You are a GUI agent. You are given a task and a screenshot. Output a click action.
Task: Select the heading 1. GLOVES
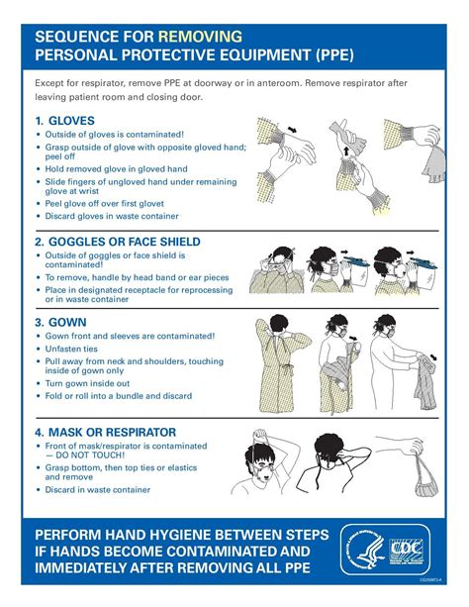[66, 120]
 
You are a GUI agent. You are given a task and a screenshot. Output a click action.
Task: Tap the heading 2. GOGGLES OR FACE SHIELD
[118, 241]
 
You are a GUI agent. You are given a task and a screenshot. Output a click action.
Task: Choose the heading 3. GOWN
[61, 322]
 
